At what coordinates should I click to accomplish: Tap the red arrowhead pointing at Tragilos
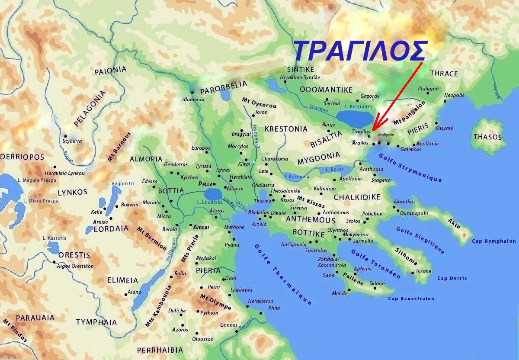(x=375, y=126)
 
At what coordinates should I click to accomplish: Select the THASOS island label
(x=487, y=137)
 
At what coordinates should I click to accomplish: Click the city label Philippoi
(x=428, y=89)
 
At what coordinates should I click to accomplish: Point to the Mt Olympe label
(x=215, y=302)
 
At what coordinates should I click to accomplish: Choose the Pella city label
(x=205, y=184)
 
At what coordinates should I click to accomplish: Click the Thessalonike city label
(x=285, y=191)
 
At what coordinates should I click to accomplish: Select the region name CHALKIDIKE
(x=357, y=197)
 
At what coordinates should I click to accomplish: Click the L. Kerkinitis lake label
(x=359, y=106)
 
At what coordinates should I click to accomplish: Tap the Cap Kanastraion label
(x=411, y=299)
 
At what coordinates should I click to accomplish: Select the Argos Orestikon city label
(x=75, y=266)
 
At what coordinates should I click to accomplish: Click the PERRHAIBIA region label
(x=160, y=350)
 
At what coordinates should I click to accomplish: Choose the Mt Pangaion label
(x=409, y=113)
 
